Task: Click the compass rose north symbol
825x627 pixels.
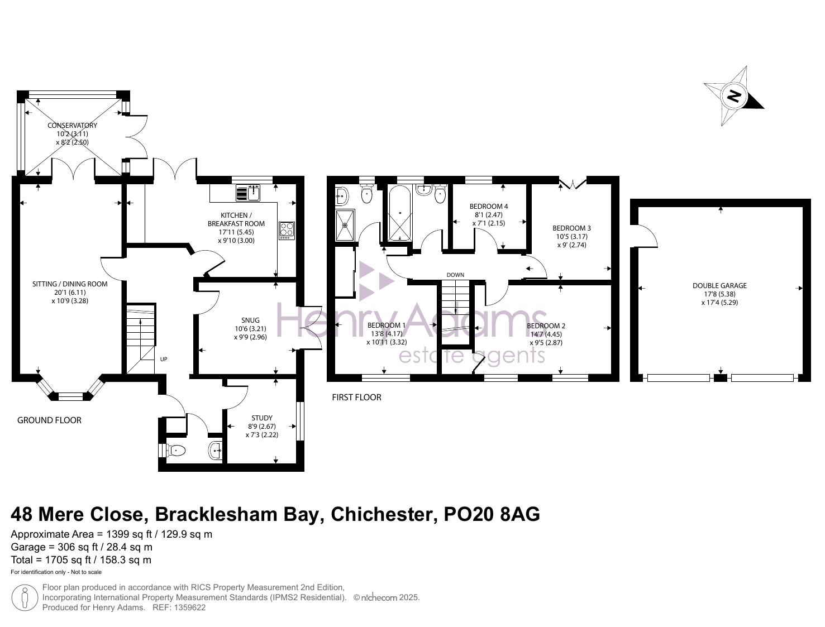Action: (733, 96)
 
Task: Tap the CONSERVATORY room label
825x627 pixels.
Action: (72, 126)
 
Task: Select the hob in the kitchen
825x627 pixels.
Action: (287, 230)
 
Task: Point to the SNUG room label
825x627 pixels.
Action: (251, 320)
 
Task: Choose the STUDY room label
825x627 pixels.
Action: (262, 418)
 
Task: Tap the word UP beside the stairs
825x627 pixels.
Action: (164, 359)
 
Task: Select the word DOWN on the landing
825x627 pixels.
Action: (455, 275)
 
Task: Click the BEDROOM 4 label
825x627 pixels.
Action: (489, 207)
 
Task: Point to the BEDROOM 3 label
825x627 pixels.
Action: (571, 228)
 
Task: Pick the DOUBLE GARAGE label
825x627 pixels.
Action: (719, 285)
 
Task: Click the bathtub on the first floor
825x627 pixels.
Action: (399, 212)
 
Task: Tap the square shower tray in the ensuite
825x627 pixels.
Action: (345, 225)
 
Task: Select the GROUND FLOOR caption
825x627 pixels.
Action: (49, 420)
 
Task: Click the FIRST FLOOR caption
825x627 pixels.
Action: (356, 398)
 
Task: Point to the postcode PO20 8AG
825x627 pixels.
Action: (492, 514)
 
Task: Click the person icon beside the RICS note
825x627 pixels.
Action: (25, 597)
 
